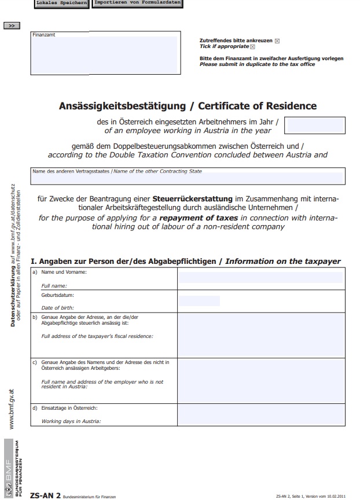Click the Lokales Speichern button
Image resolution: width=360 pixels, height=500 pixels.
[62, 3]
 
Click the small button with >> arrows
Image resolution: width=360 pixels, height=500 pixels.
[12, 25]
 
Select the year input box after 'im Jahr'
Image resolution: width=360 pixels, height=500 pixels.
[315, 126]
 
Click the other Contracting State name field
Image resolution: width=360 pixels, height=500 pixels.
[188, 177]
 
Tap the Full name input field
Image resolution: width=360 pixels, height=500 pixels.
[260, 277]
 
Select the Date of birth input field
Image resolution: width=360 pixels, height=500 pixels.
[199, 301]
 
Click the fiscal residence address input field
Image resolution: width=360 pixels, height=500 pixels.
[260, 335]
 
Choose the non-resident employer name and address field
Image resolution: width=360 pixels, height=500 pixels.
[260, 380]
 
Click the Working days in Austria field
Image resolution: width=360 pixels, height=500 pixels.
[260, 414]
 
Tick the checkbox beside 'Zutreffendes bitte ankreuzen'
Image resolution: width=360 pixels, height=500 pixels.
[277, 41]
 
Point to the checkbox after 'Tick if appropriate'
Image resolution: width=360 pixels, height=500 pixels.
[252, 47]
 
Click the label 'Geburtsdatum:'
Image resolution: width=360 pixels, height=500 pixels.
[57, 295]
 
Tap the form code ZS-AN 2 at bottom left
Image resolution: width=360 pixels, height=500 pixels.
[45, 495]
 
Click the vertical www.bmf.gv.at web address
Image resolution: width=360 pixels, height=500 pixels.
[12, 410]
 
